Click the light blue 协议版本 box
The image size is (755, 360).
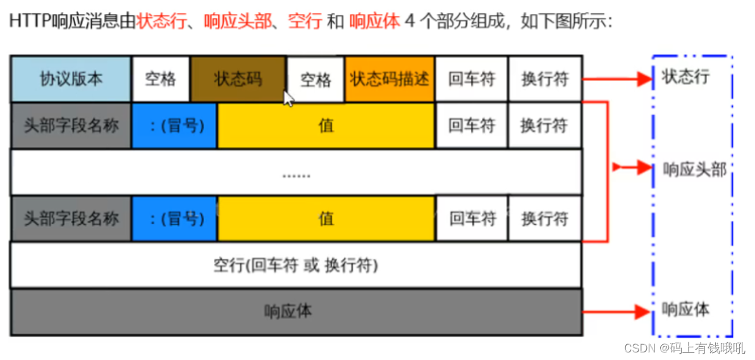tap(71, 79)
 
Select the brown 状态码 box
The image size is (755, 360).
tap(238, 79)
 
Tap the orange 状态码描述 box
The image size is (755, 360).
tap(390, 79)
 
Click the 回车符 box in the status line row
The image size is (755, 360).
tap(471, 79)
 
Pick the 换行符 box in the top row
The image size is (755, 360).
tap(544, 79)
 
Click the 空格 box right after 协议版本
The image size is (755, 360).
tap(161, 79)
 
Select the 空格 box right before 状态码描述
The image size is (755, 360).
tap(316, 80)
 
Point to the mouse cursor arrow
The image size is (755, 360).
tap(288, 99)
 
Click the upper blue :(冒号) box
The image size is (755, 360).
tap(175, 125)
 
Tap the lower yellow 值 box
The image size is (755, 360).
tap(326, 219)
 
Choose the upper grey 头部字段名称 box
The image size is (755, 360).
tap(71, 125)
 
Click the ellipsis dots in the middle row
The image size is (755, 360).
tap(296, 173)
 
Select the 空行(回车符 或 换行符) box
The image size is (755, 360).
tap(296, 265)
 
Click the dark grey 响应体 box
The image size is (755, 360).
tap(296, 311)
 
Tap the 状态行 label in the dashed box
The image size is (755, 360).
tap(685, 77)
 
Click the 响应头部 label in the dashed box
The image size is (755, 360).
tap(694, 169)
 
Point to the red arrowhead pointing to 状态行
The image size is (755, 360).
tap(645, 79)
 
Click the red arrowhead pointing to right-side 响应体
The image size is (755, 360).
tap(645, 311)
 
